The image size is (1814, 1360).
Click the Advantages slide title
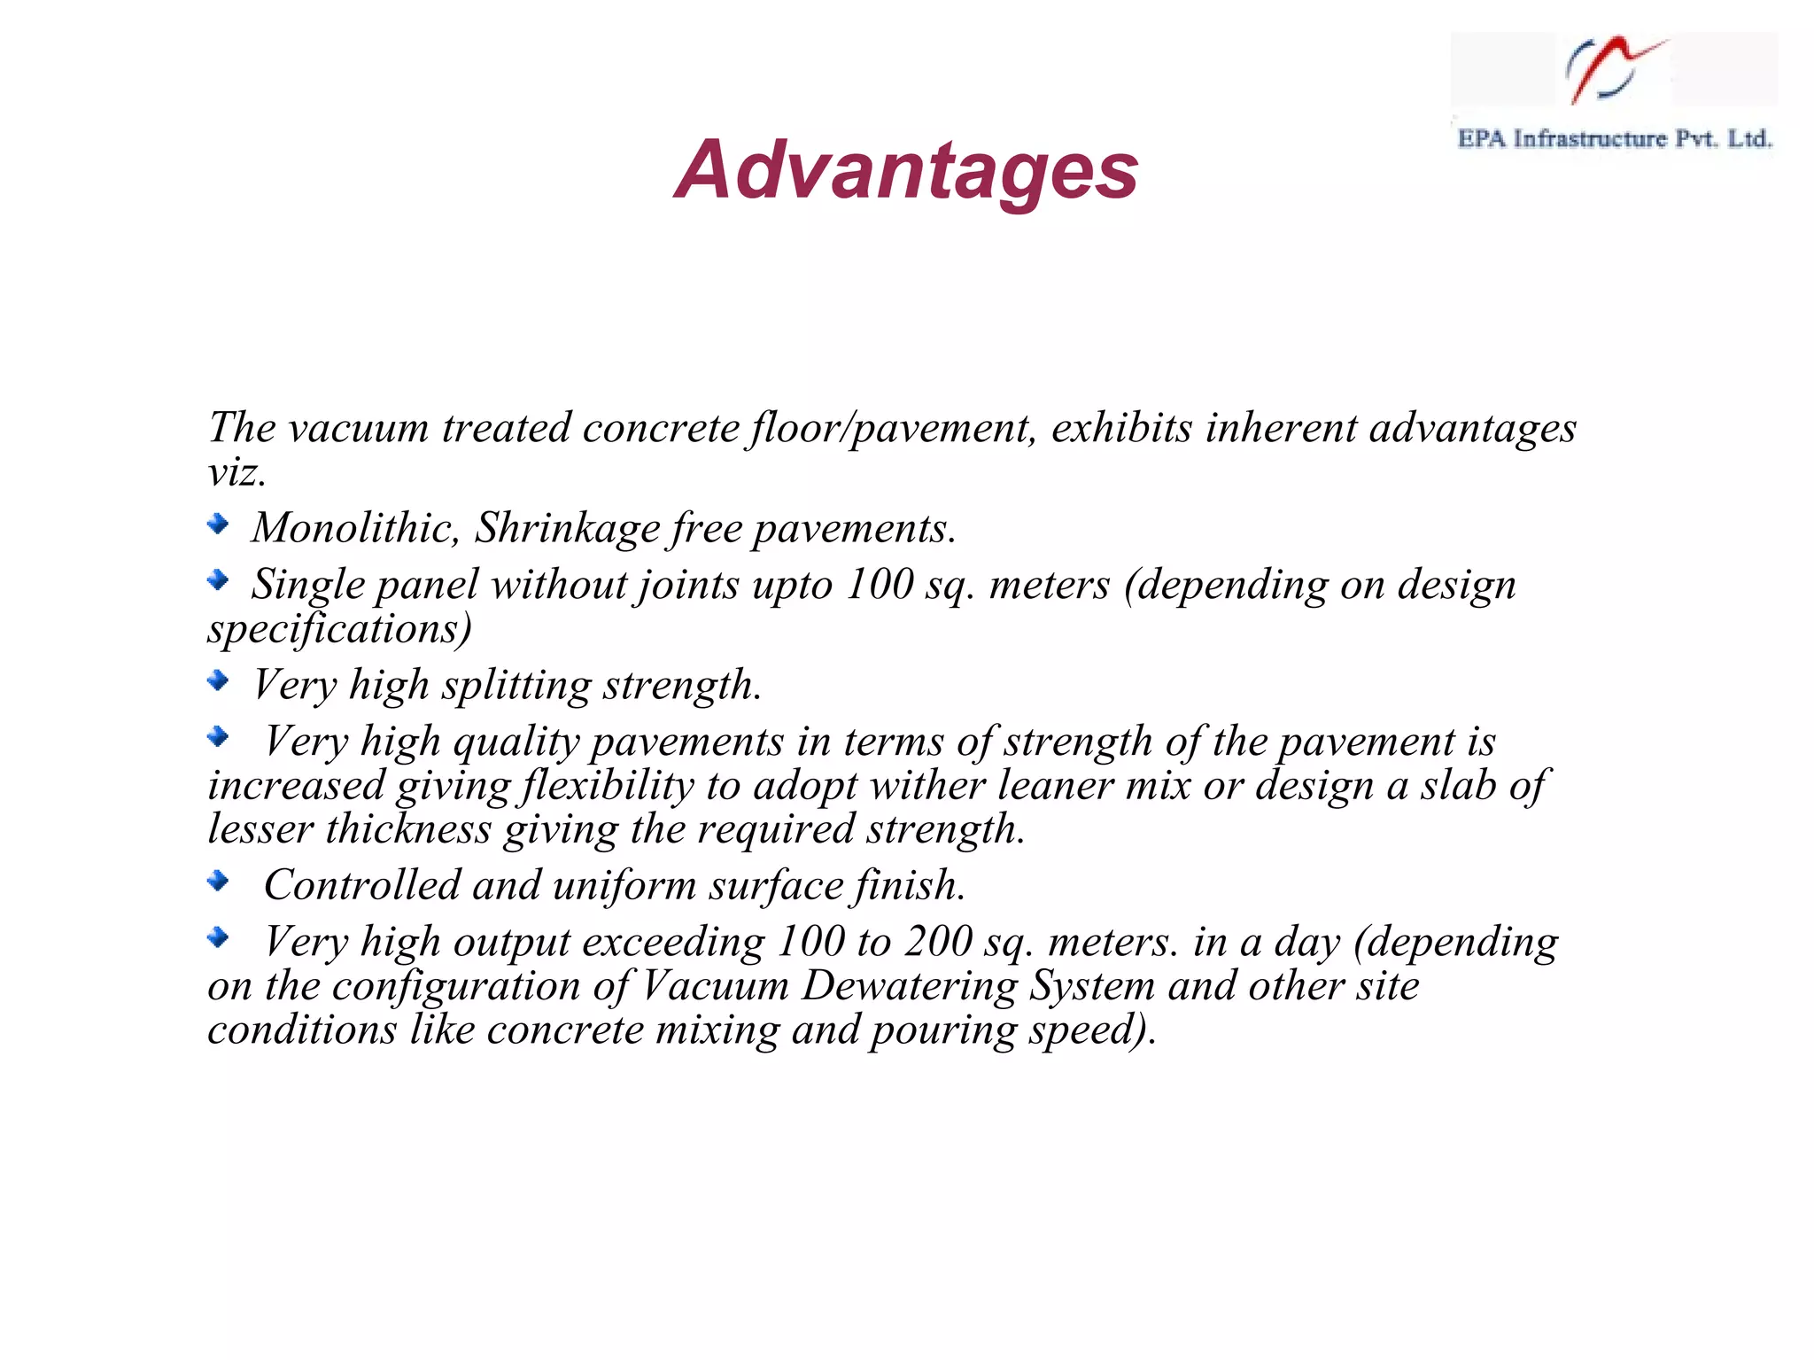tap(906, 170)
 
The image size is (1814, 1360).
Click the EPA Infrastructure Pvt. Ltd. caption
tap(1614, 139)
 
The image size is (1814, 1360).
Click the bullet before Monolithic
tap(218, 524)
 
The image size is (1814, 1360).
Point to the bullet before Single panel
tap(218, 580)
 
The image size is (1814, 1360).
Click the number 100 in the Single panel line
tap(879, 585)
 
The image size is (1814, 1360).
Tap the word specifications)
tap(340, 629)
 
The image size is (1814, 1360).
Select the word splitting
tap(516, 686)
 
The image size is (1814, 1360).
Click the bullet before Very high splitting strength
tap(218, 680)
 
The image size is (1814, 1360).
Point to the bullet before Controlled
tap(218, 881)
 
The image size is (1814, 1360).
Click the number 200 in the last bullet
tap(938, 942)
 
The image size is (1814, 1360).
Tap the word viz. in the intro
tap(236, 472)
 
